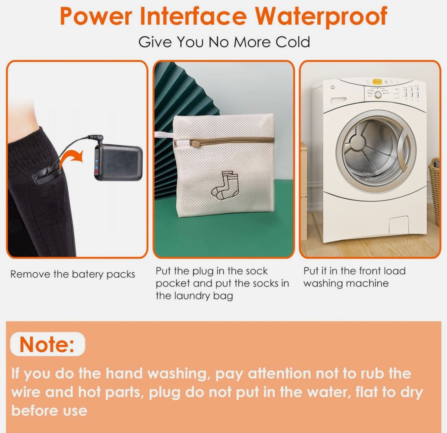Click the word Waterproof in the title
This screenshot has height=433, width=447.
click(x=321, y=17)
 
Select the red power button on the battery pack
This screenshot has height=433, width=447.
click(x=96, y=171)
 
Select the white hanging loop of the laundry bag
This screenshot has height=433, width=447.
click(x=164, y=135)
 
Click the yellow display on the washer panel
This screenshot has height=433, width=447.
click(x=377, y=81)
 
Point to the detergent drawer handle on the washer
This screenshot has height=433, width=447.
click(x=338, y=100)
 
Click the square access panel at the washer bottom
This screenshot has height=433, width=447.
click(x=398, y=225)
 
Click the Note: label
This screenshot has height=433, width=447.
click(x=47, y=344)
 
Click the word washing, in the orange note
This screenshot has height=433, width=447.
click(x=178, y=373)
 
